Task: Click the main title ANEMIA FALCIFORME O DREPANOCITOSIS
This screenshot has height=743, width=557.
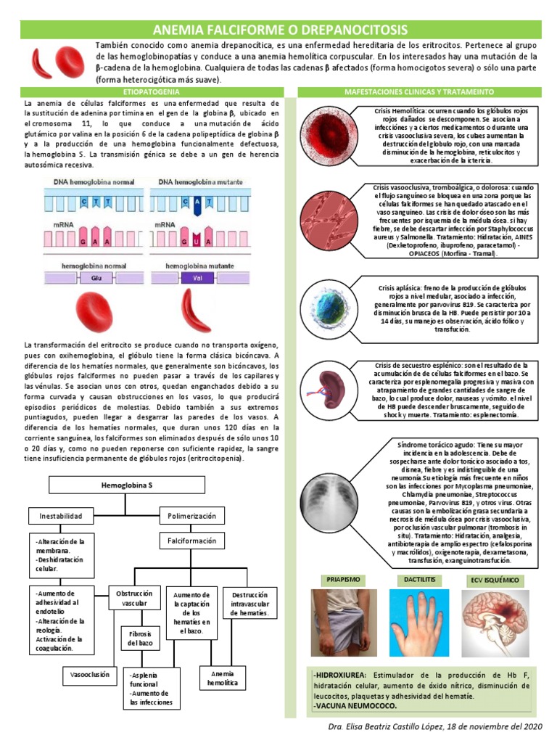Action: pos(279,30)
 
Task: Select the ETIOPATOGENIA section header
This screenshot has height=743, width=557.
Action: pos(152,92)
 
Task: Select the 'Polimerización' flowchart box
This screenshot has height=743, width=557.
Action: pos(191,516)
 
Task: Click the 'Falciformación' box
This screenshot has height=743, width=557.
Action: pos(191,541)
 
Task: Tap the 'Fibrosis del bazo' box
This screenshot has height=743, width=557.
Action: pos(139,639)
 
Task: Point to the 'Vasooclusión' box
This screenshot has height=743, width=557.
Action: pos(89,675)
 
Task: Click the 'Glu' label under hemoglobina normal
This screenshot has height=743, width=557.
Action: pos(94,277)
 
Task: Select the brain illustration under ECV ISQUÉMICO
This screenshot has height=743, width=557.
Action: pos(497,621)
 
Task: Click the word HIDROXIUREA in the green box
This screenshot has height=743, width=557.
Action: pos(341,675)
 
